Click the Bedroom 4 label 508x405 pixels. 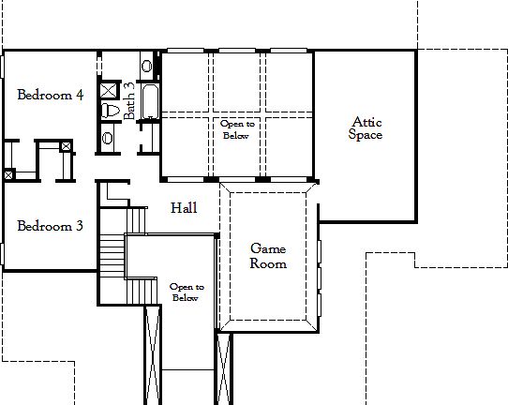[x=50, y=95]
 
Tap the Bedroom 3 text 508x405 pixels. [x=50, y=226]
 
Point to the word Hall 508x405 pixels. [x=183, y=208]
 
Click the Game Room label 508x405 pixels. [x=267, y=256]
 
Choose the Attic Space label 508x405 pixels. [x=366, y=127]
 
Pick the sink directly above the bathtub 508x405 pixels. [x=147, y=67]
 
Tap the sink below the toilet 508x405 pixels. [x=108, y=137]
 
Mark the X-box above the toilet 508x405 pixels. [x=109, y=91]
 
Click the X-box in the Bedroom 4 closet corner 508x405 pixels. [x=66, y=145]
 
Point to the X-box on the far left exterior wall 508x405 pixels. [x=7, y=174]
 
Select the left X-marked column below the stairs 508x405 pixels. [x=152, y=356]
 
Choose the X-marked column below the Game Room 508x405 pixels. [x=224, y=366]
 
